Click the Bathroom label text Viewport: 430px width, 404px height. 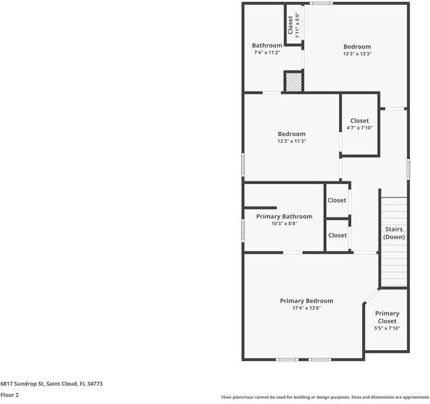point(267,45)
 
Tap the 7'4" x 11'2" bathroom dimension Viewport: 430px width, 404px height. point(267,53)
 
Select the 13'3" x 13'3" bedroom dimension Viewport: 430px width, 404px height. point(357,54)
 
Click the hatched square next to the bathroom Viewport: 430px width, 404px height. point(293,81)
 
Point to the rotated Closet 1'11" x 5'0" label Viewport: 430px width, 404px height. point(293,24)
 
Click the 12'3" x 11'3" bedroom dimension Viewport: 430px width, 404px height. point(291,141)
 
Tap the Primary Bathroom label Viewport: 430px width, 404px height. point(284,216)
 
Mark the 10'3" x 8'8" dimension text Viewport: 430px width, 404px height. point(284,224)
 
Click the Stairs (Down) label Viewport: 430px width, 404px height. point(394,233)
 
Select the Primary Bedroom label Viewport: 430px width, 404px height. point(306,301)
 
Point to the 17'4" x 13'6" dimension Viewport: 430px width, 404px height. point(306,308)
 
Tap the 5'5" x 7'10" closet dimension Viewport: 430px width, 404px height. point(387,328)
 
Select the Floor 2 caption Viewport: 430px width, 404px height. point(9,395)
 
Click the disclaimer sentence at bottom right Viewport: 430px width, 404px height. point(325,397)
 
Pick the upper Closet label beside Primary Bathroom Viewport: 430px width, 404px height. point(337,200)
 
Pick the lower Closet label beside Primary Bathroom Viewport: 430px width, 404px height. point(337,235)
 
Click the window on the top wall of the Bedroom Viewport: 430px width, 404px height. point(321,3)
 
